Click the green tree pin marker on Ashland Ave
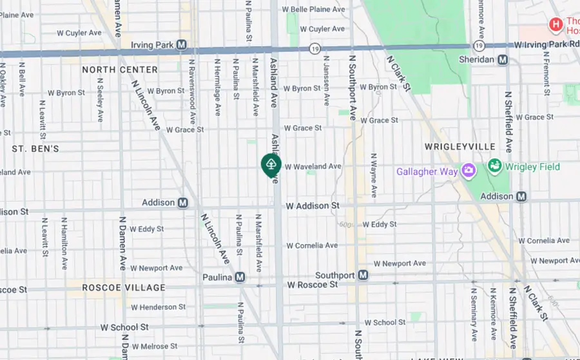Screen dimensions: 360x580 271,165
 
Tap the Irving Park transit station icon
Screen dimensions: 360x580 182,44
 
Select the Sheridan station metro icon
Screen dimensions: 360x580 503,59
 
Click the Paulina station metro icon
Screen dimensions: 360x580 240,277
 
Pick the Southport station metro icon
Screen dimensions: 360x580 363,276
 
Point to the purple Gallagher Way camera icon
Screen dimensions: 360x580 469,171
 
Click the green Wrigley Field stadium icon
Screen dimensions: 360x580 495,166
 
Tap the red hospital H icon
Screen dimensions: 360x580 556,25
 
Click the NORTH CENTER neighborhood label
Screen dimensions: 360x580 120,70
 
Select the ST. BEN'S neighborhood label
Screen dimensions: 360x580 35,149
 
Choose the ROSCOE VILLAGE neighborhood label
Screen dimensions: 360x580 124,288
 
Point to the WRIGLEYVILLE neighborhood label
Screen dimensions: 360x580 460,147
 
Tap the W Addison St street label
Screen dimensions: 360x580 313,205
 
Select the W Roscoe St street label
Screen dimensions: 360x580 313,284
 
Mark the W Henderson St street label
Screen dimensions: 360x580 157,307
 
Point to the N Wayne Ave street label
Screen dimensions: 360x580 373,175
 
